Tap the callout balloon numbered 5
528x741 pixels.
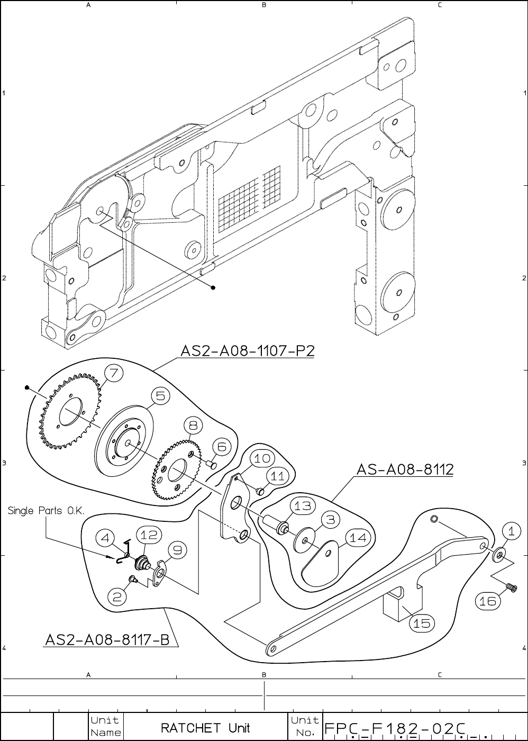point(160,395)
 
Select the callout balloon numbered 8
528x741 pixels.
point(193,425)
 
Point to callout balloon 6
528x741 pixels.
point(222,447)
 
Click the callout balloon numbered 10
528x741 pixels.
point(262,458)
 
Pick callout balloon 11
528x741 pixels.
point(278,476)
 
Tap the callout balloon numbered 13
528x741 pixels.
point(303,506)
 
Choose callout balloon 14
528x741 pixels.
point(358,538)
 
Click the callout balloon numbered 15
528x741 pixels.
point(422,623)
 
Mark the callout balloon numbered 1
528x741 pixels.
point(511,530)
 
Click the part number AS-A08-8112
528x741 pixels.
point(405,469)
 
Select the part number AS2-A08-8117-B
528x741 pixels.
point(107,640)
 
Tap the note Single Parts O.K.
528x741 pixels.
point(47,511)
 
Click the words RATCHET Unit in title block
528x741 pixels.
point(205,728)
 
